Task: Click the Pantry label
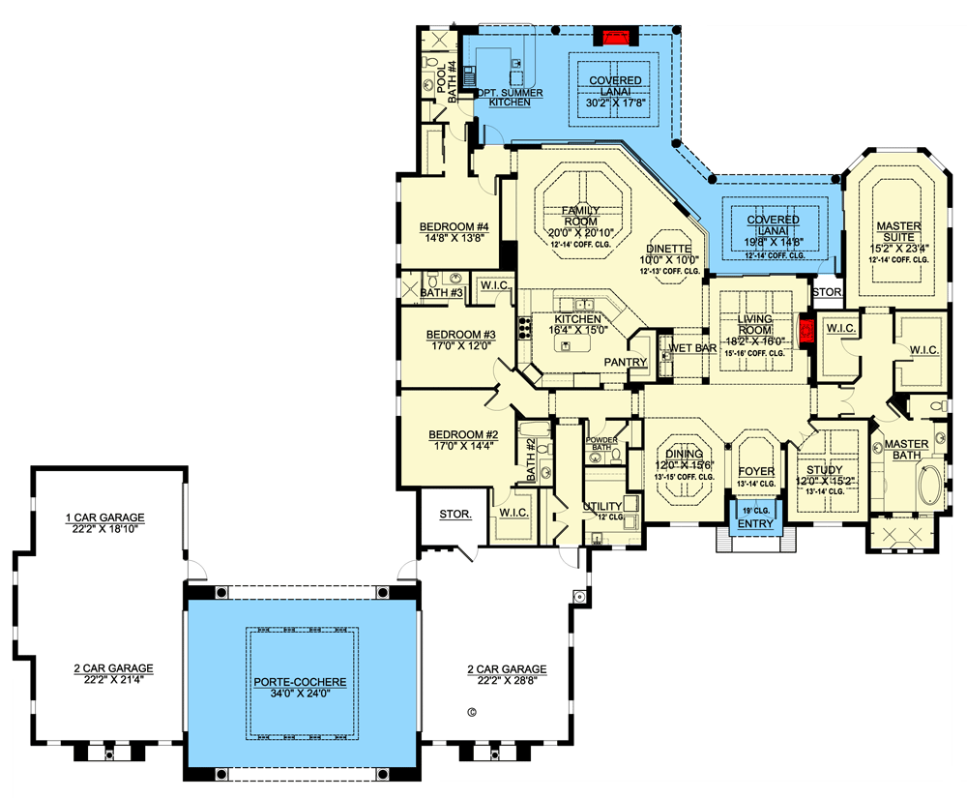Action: pos(625,363)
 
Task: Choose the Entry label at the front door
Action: pos(754,524)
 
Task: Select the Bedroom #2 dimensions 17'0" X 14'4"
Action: pos(461,448)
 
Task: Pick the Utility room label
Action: pos(601,506)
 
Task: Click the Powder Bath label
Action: pos(602,444)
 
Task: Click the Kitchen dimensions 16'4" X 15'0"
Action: pos(578,330)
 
